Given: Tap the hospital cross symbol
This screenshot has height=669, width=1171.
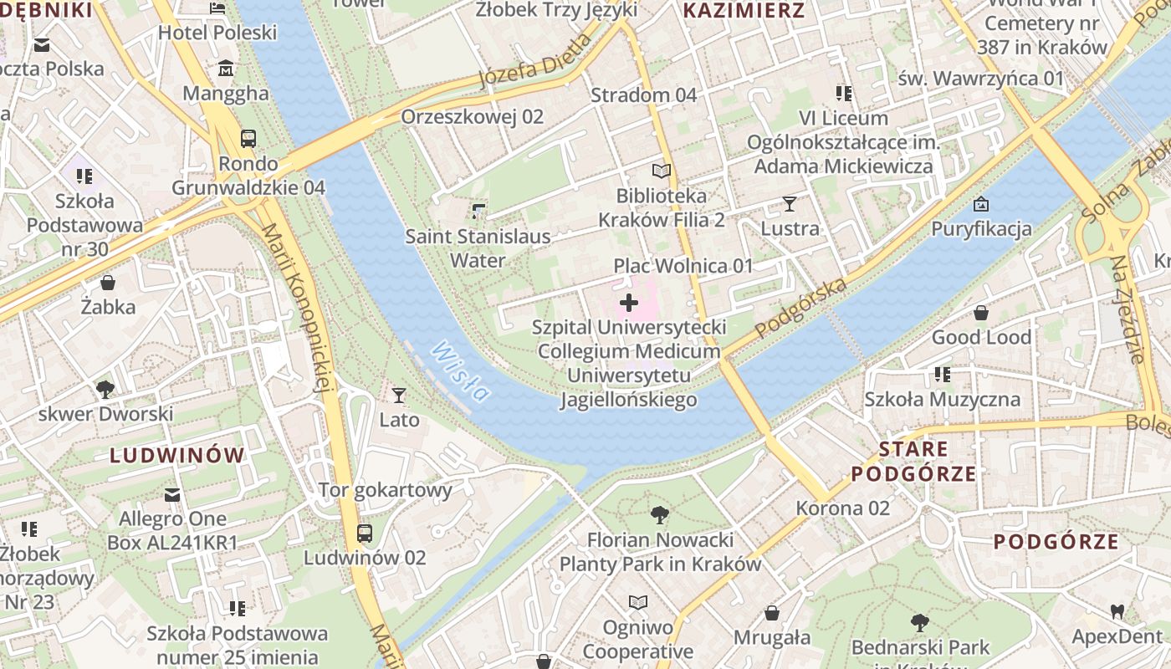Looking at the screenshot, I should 629,303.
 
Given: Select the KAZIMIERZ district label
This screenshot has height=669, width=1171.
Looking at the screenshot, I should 744,11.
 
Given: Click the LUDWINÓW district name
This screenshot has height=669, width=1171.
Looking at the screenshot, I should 177,456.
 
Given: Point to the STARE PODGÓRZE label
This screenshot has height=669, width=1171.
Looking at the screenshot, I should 913,462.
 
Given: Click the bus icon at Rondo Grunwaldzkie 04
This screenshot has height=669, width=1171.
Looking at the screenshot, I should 248,139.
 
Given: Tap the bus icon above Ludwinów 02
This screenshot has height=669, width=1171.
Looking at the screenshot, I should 365,533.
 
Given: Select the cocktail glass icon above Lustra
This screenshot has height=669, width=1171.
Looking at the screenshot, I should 789,203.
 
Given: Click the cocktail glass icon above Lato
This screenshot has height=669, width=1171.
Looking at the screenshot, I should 399,395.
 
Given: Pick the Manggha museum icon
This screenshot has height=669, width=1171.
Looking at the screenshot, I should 225,69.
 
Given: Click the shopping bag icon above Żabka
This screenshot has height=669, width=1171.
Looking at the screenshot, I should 107,283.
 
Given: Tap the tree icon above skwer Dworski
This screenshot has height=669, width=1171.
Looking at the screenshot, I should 105,389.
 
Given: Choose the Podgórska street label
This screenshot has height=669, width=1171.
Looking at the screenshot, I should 800,308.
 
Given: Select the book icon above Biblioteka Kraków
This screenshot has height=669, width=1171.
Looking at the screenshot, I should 661,171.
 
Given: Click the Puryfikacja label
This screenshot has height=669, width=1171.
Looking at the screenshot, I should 981,228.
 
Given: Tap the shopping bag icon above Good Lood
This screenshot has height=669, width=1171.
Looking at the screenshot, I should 981,313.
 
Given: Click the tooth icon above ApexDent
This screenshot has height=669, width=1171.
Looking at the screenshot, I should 1117,611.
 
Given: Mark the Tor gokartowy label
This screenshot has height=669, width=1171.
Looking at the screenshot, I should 385,490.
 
